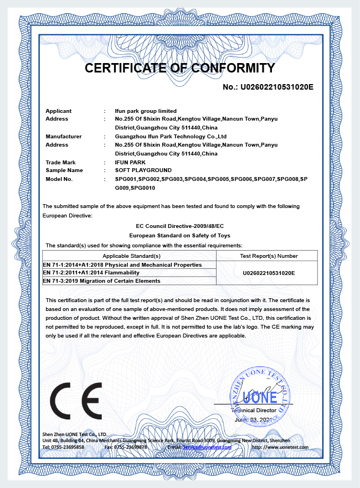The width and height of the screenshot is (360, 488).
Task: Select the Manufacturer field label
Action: tap(64, 136)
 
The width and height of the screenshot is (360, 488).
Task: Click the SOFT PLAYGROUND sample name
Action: tap(143, 170)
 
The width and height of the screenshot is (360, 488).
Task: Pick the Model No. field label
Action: tap(59, 179)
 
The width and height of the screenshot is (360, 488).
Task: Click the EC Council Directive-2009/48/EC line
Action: tap(180, 226)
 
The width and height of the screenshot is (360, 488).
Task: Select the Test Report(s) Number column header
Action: tap(269, 256)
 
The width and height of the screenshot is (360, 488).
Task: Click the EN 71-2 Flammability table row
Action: tap(91, 273)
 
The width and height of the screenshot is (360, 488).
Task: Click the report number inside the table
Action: tap(269, 273)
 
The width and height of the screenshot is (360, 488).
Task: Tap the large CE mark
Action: tap(76, 400)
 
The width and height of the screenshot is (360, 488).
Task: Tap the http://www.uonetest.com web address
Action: tap(280, 447)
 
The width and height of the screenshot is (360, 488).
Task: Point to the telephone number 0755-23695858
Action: tap(69, 447)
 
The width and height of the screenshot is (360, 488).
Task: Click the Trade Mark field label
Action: tap(60, 162)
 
